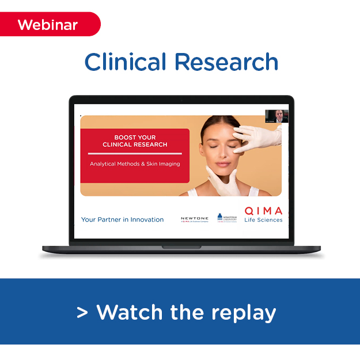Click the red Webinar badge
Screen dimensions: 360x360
48,25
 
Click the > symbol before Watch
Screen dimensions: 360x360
82,313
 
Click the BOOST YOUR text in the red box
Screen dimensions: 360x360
135,138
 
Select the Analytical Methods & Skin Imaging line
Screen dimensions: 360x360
135,164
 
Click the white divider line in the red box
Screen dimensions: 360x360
135,154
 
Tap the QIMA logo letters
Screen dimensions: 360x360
263,211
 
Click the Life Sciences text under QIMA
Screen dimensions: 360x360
263,220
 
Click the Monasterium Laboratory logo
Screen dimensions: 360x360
226,218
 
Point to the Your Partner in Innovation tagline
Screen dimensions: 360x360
122,219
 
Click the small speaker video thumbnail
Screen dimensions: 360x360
276,116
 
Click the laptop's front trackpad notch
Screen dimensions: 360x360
181,247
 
